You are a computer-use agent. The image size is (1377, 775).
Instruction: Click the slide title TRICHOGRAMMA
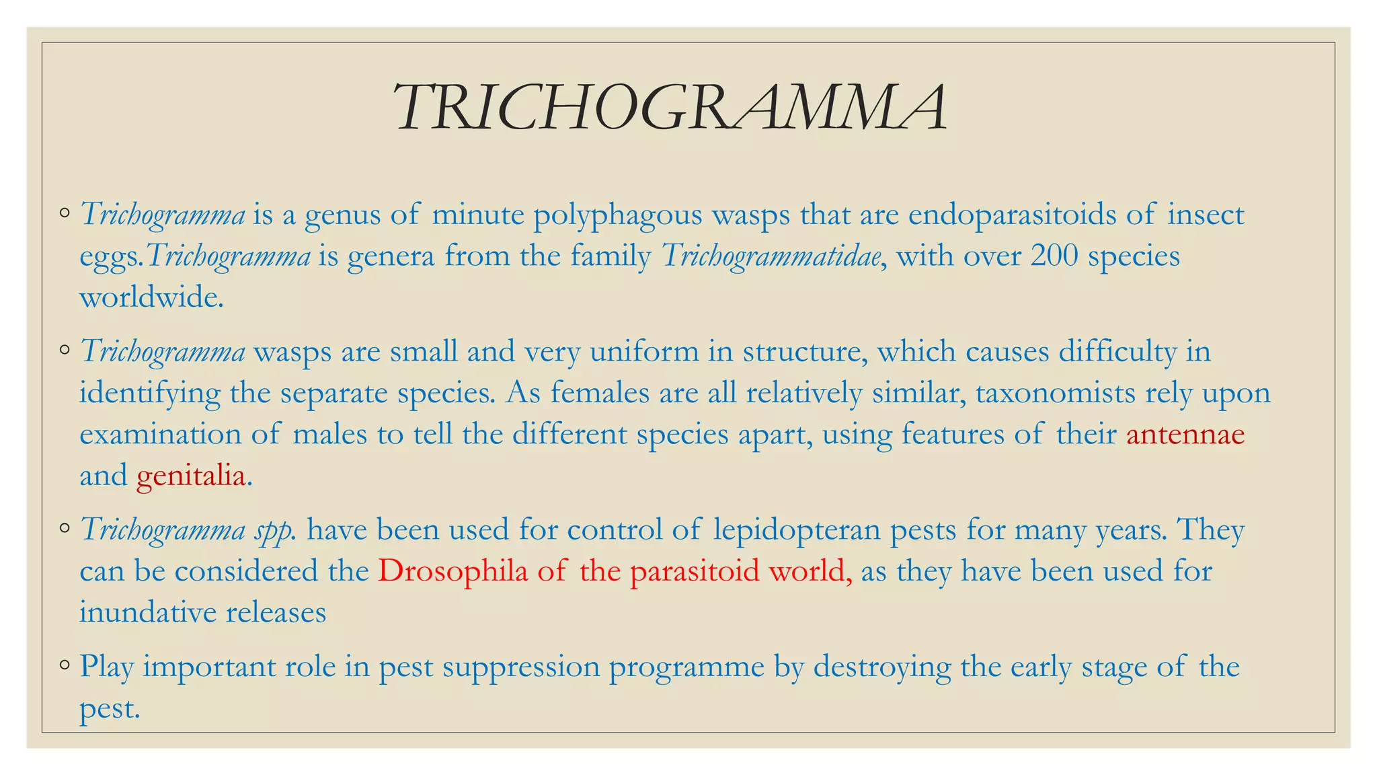pyautogui.click(x=671, y=108)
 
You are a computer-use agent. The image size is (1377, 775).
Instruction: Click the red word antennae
pyautogui.click(x=1185, y=435)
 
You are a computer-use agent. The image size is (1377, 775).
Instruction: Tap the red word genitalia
pyautogui.click(x=191, y=476)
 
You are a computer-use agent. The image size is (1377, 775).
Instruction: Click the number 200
pyautogui.click(x=1054, y=256)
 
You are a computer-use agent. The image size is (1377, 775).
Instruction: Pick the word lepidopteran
pyautogui.click(x=796, y=530)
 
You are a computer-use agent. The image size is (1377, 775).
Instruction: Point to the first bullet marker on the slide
pyautogui.click(x=65, y=214)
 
